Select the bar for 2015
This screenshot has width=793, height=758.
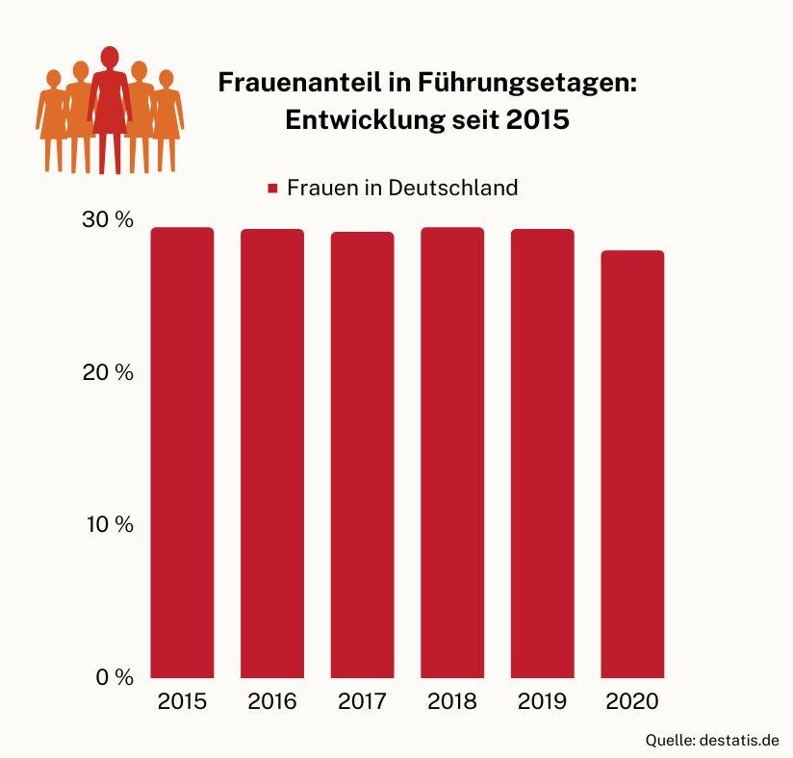click(182, 452)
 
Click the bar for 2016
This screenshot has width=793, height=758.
click(272, 453)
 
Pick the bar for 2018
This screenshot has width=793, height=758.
click(452, 452)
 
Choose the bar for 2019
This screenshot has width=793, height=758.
click(542, 453)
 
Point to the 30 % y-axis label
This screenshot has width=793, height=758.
click(108, 219)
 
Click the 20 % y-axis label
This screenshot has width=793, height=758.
click(108, 372)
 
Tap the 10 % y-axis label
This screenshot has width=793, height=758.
click(108, 524)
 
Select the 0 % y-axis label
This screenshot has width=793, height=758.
click(114, 677)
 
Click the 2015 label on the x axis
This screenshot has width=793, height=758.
click(182, 701)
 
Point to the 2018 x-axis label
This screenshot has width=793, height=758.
click(452, 701)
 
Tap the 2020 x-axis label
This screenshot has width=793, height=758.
click(632, 701)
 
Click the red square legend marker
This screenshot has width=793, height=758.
click(272, 189)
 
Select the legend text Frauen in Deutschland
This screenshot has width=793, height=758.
click(402, 188)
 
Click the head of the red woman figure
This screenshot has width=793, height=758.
click(110, 56)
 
